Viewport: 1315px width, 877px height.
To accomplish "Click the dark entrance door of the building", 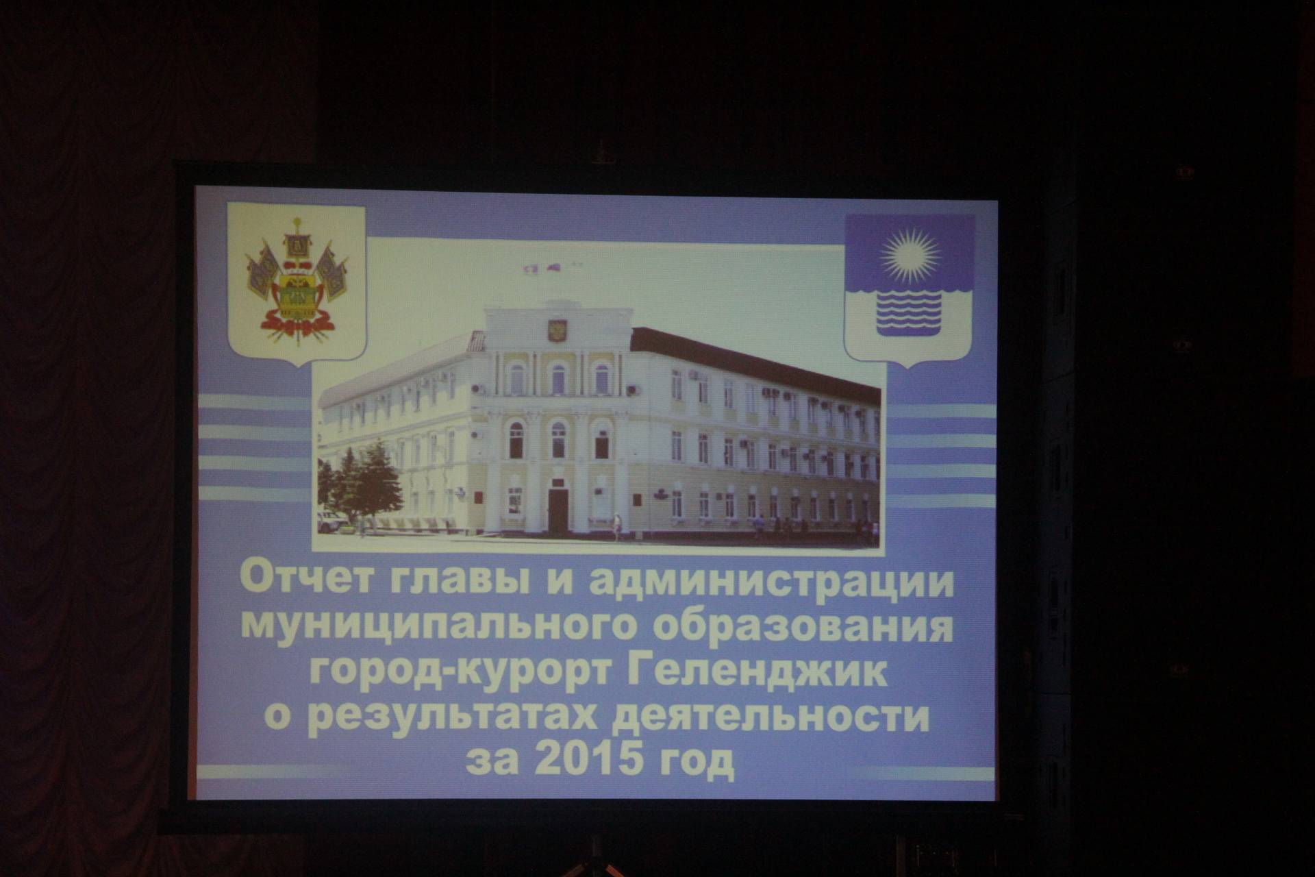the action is click(x=558, y=511).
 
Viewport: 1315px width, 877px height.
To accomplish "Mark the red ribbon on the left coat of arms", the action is click(x=297, y=321).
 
